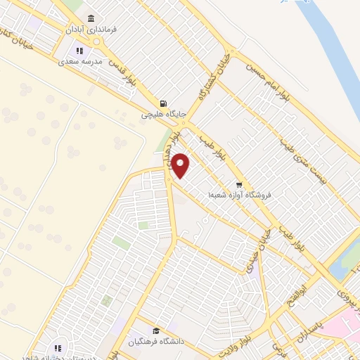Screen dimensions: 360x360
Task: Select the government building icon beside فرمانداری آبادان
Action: [x=90, y=18]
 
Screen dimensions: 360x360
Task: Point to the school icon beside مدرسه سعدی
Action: [x=79, y=51]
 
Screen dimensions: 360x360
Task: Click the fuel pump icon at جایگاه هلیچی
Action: [x=163, y=102]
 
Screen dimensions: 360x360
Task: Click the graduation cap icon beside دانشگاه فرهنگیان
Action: [x=155, y=331]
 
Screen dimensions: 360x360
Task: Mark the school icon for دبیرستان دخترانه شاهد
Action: [x=58, y=347]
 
